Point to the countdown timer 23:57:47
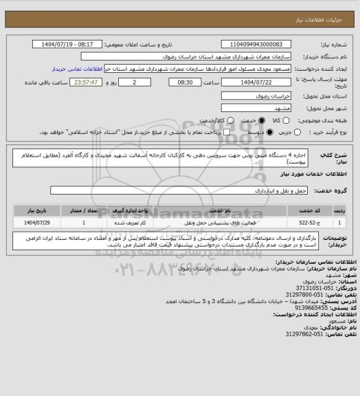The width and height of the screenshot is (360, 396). coord(81,82)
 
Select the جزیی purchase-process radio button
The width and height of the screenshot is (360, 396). coord(279,132)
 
